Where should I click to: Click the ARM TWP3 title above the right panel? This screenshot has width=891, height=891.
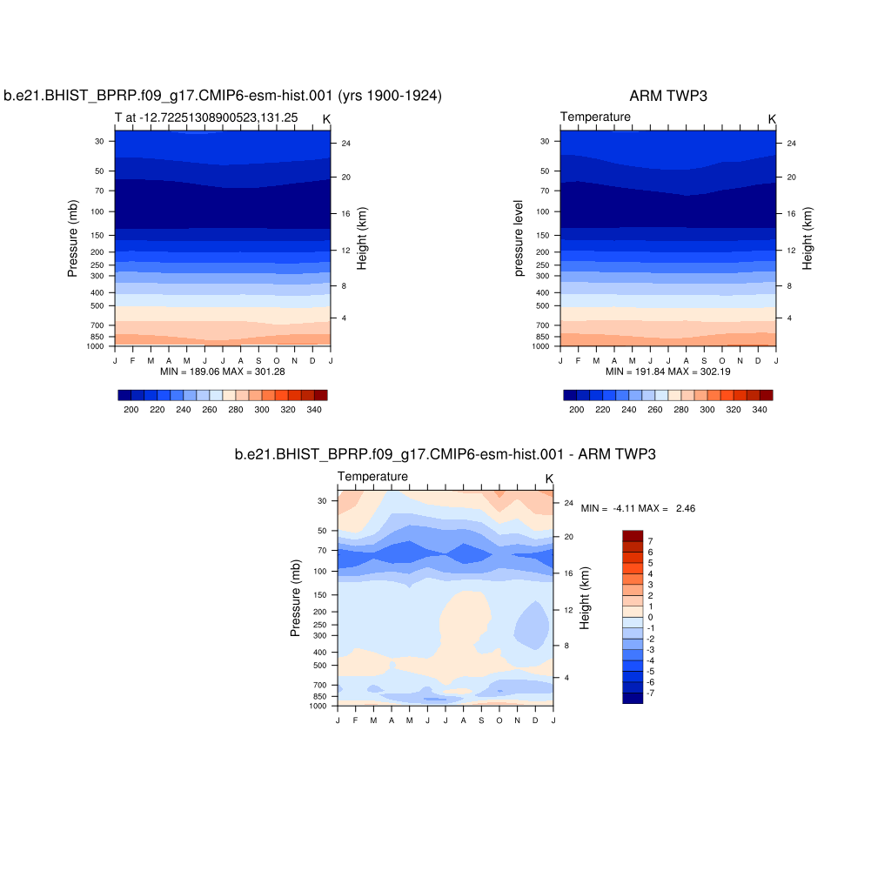pos(668,96)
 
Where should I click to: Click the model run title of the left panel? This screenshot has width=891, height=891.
pos(223,96)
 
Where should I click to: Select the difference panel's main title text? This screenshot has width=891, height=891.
pos(445,454)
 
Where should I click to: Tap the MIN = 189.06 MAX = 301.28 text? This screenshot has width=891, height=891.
pos(223,372)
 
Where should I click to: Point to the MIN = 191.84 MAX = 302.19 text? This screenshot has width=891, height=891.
pos(668,372)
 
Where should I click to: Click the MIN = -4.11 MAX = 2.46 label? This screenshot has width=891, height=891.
pos(638,508)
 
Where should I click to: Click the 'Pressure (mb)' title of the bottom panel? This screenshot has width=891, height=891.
pos(296,598)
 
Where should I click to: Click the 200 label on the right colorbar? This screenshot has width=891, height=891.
pos(577,409)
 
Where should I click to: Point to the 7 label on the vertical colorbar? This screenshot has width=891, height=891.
pos(650,541)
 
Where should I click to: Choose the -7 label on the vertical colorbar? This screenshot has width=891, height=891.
pos(650,693)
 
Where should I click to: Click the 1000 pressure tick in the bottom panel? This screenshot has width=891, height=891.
pos(317,706)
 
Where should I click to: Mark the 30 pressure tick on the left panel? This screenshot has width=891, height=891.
pos(99,141)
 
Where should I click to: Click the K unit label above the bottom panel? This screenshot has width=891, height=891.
pos(549,479)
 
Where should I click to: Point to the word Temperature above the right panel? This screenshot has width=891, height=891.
pos(595,117)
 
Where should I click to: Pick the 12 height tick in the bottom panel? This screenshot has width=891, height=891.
pos(567,610)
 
